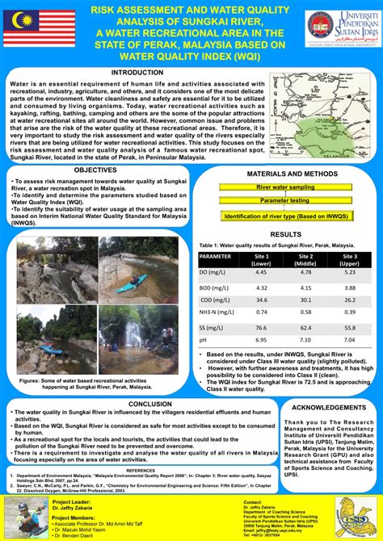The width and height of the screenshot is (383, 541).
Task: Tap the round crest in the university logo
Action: point(321,27)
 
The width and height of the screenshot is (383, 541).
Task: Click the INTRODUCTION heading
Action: point(137,73)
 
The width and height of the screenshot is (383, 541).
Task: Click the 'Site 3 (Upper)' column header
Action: point(349,259)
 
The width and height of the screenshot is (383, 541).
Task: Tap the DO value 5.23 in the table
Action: point(349,273)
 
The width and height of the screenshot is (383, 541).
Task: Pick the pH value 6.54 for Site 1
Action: point(261,341)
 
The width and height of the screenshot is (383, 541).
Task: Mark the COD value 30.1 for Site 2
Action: point(305,300)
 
